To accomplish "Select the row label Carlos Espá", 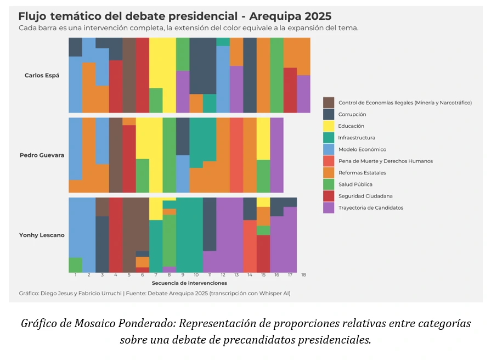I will click(42, 75).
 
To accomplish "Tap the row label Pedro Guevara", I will click(42, 155).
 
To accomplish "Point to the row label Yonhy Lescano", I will click(42, 235).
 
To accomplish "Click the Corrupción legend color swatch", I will click(329, 114).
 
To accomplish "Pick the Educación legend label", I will click(351, 126).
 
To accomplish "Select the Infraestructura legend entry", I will click(357, 138).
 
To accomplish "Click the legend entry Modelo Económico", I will click(362, 149).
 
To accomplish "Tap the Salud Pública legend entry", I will click(355, 184).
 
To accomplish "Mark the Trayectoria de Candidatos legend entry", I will click(370, 208).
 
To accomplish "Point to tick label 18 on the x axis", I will click(303, 274).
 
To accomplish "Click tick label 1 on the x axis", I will click(75, 274).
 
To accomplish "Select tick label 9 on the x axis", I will click(183, 274).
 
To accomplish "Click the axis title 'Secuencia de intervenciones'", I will click(189, 283).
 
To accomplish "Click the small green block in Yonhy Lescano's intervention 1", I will click(75, 265).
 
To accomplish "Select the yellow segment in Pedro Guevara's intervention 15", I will click(263, 138).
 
